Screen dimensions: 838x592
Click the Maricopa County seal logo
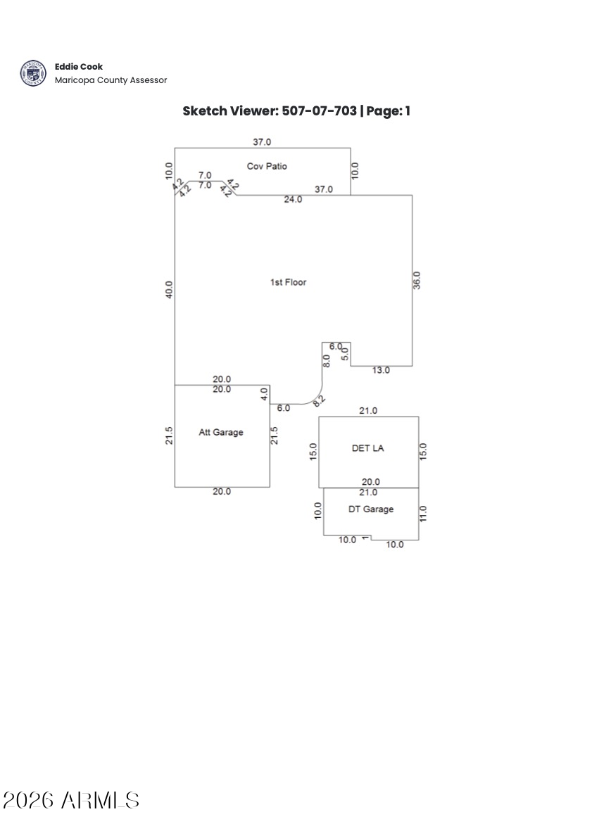pos(32,73)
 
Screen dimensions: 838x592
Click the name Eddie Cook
pos(79,67)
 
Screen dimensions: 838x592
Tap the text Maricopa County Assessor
pos(111,80)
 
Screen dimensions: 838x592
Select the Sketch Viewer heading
pos(296,111)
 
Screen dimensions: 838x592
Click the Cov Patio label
pos(267,167)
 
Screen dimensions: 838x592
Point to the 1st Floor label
pos(288,283)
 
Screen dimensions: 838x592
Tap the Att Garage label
pos(220,433)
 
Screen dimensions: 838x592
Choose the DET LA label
pos(367,448)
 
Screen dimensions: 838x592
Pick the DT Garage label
pos(371,509)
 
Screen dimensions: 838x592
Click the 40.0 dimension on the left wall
pos(169,289)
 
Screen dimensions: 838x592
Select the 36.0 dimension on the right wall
pos(417,280)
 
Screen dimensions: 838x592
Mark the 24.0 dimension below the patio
pos(293,200)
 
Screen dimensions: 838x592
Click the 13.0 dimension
pos(381,371)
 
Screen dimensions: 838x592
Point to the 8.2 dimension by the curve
pos(319,401)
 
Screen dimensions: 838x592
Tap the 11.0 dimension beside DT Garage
pos(423,514)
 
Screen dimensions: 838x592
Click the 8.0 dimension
pos(327,361)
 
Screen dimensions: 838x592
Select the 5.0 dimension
pos(345,354)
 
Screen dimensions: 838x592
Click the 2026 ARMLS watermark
pos(71,800)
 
